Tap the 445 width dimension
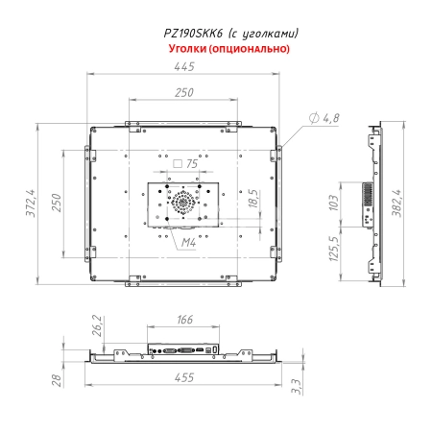click(185, 66)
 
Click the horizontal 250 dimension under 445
click(185, 92)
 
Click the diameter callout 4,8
click(326, 118)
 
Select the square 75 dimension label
click(186, 164)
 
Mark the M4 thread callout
click(189, 244)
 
